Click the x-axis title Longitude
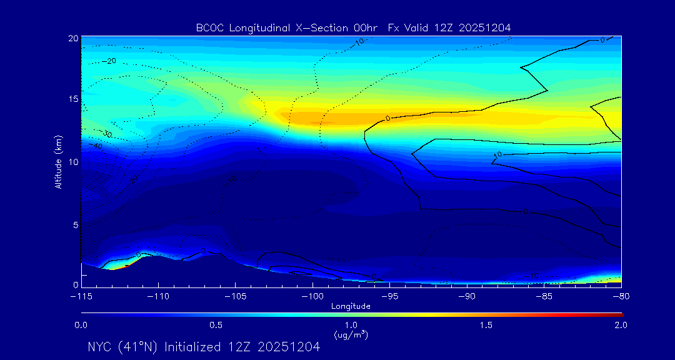click(351, 306)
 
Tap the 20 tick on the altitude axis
click(74, 38)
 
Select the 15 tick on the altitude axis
click(74, 99)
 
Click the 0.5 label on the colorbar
click(216, 325)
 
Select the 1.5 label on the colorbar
click(486, 325)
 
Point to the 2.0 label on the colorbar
click(621, 325)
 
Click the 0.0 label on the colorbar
click(81, 325)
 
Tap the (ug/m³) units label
click(351, 335)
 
